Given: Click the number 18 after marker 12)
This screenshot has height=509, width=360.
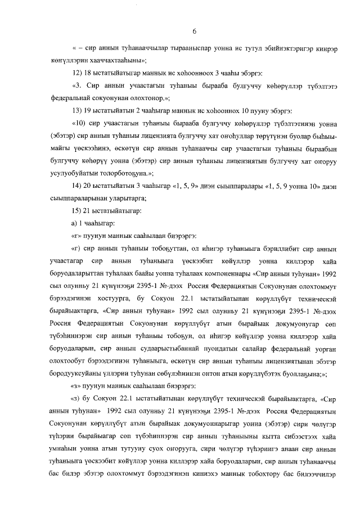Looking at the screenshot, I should pos(91,73).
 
